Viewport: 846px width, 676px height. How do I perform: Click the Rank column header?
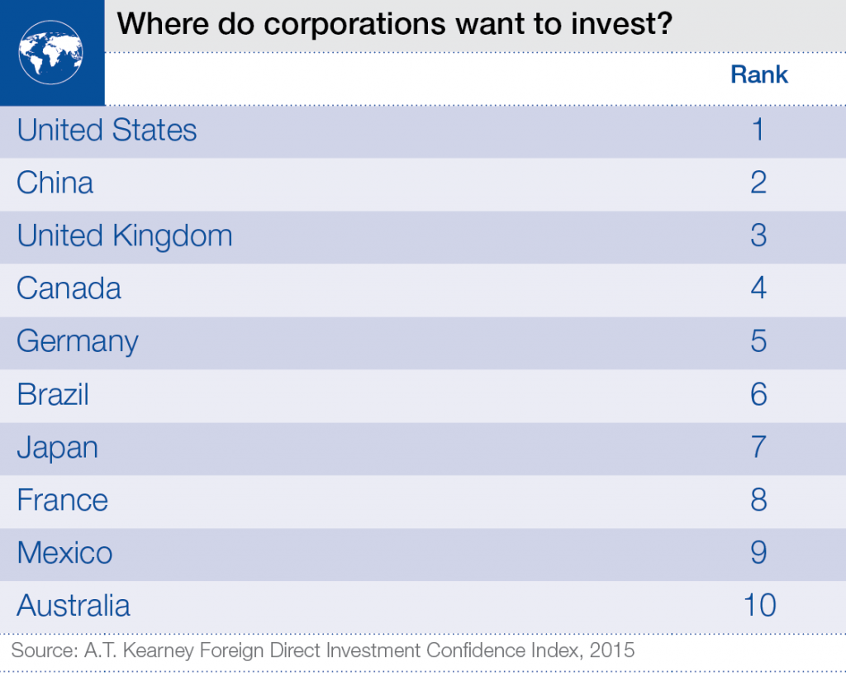758,74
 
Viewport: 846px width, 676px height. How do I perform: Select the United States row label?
107,131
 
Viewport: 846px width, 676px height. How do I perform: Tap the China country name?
55,183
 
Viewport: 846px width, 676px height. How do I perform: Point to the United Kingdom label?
124,236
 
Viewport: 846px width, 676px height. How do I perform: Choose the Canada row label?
69,289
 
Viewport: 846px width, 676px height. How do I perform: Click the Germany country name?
77,342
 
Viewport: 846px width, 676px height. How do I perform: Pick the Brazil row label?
52,395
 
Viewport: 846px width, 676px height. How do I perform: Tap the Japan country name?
57,448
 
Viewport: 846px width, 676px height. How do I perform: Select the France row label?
62,501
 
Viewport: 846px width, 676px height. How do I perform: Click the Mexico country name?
64,554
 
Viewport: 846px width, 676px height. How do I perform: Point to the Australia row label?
73,607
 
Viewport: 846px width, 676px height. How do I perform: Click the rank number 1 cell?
758,131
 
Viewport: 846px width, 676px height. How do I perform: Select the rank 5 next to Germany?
758,342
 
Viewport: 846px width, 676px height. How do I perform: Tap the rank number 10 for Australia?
758,607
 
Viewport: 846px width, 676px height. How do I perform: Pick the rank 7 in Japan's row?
758,448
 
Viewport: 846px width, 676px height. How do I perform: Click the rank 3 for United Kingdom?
758,236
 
